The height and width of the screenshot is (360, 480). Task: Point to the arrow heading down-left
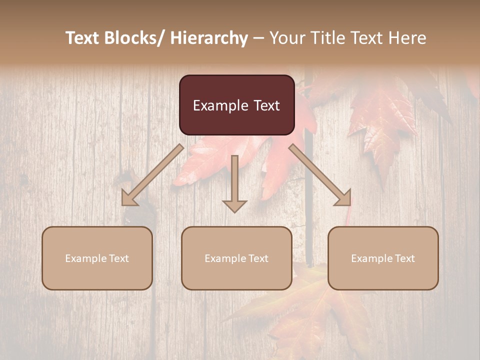pos(152,175)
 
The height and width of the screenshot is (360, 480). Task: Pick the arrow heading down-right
pos(320,175)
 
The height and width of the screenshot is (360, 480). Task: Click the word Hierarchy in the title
pos(208,38)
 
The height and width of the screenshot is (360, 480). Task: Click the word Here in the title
pos(407,38)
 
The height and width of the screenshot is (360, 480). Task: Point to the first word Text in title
pos(83,38)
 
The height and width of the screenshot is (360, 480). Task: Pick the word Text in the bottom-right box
pos(403,258)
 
